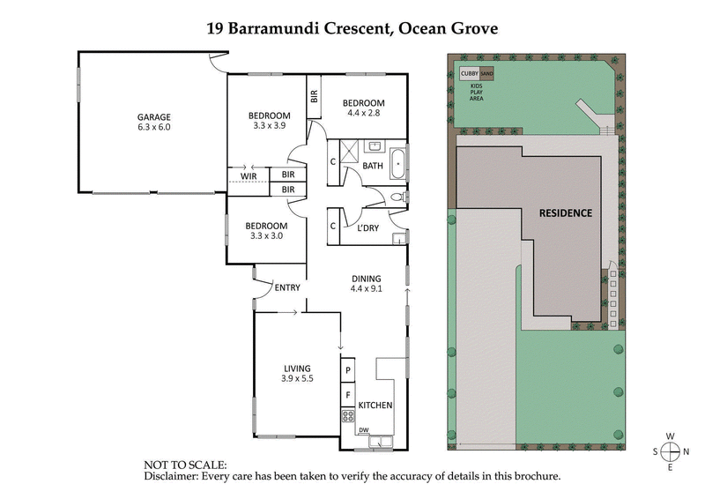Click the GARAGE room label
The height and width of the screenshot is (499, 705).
pos(152,116)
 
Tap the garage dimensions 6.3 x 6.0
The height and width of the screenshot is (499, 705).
pos(152,127)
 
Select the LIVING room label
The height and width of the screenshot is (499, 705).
pos(297,369)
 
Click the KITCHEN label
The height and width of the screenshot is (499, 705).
pos(375,406)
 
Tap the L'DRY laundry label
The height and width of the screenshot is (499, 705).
pos(367,228)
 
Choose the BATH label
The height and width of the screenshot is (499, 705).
pos(373,166)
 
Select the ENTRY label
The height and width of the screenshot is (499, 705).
pos(287,287)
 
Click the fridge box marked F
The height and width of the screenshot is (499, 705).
pos(348,396)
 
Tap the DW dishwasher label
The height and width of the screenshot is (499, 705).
pos(363,430)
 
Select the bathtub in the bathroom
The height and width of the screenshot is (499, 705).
pos(399,164)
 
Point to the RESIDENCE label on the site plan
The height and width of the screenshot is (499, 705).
pos(565,212)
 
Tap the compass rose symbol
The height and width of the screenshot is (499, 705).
pos(671,451)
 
